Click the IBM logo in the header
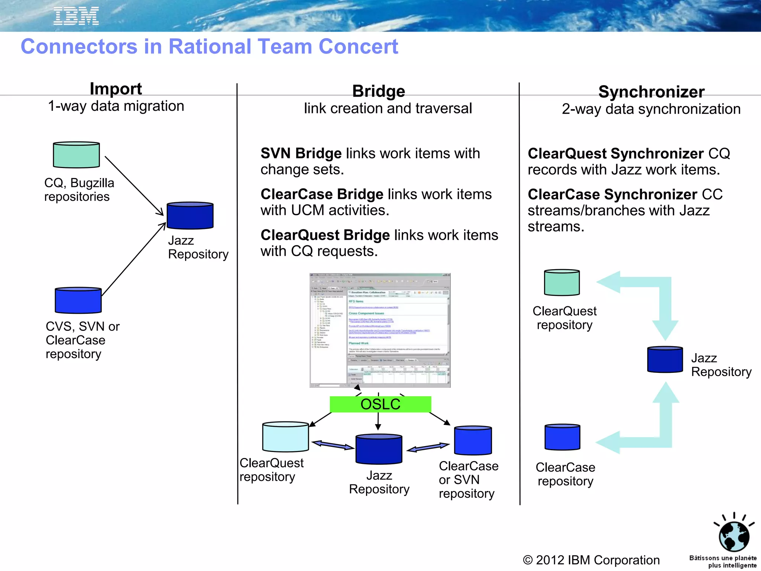coord(76,16)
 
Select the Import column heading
coord(116,89)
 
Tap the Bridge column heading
coord(378,91)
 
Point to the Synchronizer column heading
coord(651,92)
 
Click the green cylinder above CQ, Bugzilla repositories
coord(76,155)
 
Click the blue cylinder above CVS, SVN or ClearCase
coord(78,300)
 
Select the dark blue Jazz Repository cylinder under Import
coord(190,216)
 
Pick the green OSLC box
coord(380,404)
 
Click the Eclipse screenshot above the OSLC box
coord(380,330)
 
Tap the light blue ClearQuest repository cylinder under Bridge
coord(285,437)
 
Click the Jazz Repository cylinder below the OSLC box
coord(379,449)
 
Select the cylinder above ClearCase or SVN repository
coord(473,441)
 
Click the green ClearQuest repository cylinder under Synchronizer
coord(561,283)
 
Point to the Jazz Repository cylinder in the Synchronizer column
coord(664,359)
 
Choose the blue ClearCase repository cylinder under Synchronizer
coord(562,437)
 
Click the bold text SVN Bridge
coord(301,154)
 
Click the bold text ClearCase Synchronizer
coord(612,194)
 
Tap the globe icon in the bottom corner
coord(734,536)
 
